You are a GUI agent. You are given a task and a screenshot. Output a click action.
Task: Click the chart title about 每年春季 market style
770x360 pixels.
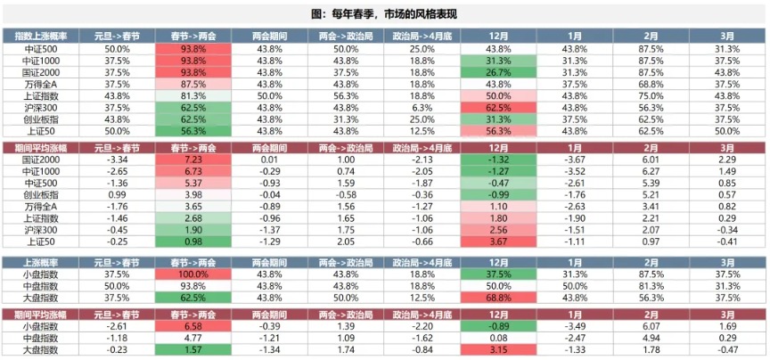click(385, 14)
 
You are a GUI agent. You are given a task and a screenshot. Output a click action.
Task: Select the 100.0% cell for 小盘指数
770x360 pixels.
click(192, 274)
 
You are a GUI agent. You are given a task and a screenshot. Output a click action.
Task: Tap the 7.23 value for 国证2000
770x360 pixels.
click(192, 159)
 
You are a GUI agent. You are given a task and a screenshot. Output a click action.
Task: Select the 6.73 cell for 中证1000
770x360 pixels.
click(192, 170)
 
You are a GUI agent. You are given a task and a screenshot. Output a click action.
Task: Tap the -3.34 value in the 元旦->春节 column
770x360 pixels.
click(117, 159)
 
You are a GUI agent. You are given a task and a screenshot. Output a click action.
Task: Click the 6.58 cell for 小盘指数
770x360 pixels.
click(192, 326)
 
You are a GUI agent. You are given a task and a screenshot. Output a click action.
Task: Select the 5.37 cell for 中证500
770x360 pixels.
click(192, 182)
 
